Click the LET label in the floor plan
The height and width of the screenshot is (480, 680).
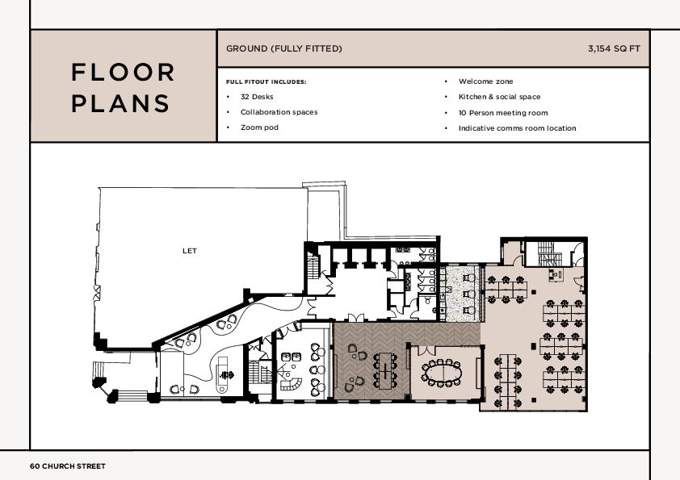(189, 251)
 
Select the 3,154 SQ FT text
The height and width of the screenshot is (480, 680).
(614, 49)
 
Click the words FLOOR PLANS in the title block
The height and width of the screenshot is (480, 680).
(123, 87)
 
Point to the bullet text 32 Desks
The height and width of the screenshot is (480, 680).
(256, 97)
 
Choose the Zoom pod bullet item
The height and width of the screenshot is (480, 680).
(259, 127)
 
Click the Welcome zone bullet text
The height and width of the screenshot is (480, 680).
(485, 81)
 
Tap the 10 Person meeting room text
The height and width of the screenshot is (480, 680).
(502, 113)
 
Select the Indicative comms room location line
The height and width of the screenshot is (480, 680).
(517, 128)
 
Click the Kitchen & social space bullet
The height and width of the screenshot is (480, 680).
(499, 97)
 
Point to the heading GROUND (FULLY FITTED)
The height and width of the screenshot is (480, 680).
(283, 49)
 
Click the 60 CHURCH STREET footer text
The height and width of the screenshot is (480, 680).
(68, 466)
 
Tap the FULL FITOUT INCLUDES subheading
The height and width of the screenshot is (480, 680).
(266, 81)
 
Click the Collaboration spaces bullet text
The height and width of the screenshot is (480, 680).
(279, 112)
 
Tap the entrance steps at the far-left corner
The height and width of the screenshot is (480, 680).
(99, 380)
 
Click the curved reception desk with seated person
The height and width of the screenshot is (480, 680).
(224, 375)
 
